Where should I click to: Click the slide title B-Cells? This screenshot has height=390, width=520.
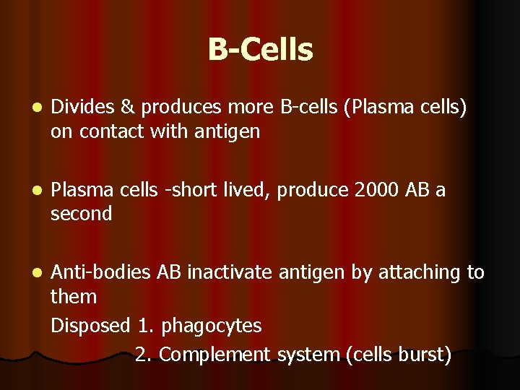[x=260, y=50]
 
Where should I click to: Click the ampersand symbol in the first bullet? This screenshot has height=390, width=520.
[x=127, y=108]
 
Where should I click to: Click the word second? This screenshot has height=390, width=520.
[x=82, y=214]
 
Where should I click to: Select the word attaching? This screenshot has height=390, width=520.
[x=417, y=272]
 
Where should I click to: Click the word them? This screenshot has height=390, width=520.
[x=74, y=297]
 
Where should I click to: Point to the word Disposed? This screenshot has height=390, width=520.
[x=91, y=326]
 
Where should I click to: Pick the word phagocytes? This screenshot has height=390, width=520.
[x=212, y=326]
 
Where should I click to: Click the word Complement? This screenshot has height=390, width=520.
[x=214, y=355]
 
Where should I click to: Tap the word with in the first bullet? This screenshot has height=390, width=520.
[x=167, y=132]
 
